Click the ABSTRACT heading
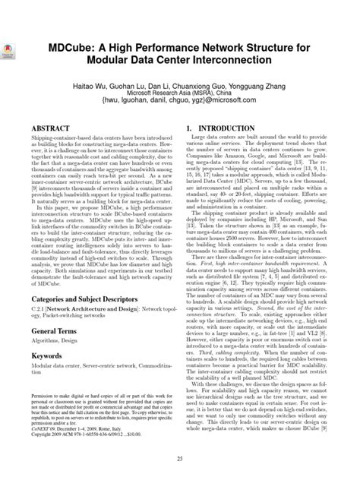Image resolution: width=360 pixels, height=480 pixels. point(48,129)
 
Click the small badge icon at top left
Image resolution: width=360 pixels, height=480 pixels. point(11,43)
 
